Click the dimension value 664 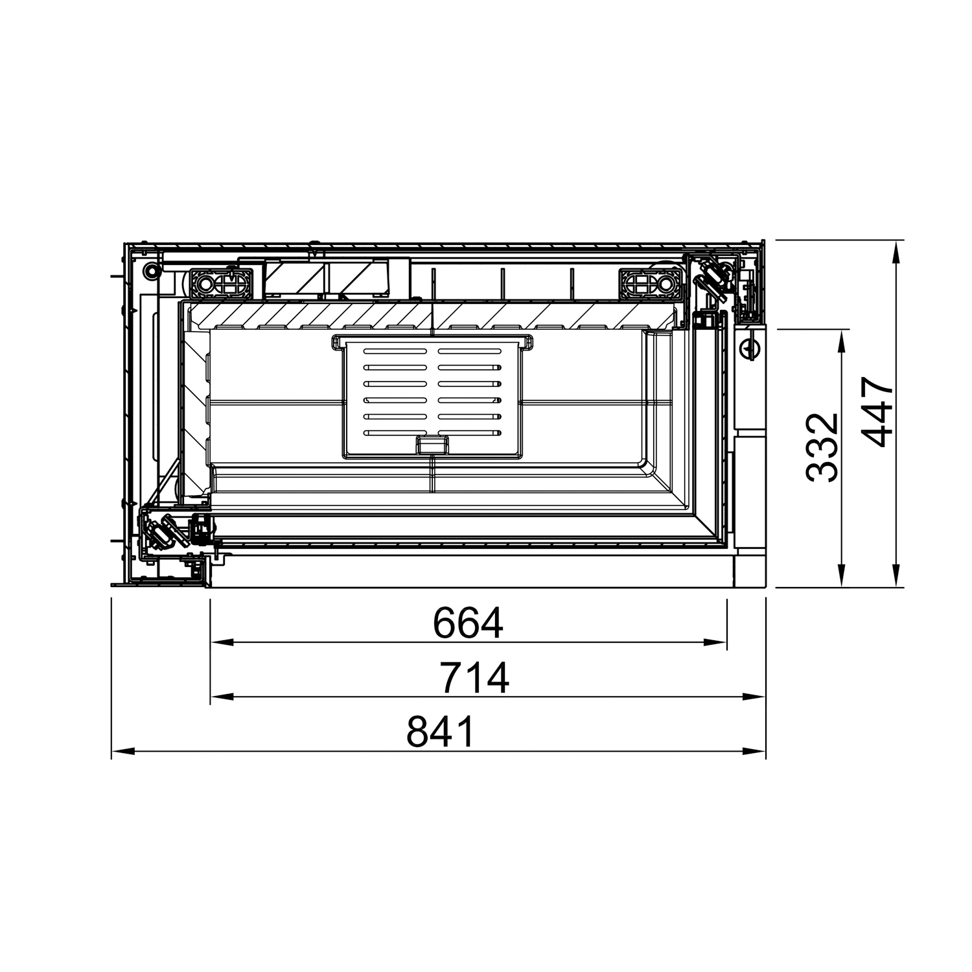pyautogui.click(x=468, y=623)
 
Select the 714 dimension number pyautogui.click(x=474, y=677)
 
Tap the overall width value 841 pyautogui.click(x=441, y=732)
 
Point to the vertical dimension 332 pyautogui.click(x=823, y=447)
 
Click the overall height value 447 pyautogui.click(x=879, y=413)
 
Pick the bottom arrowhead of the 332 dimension pyautogui.click(x=841, y=577)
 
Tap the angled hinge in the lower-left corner pyautogui.click(x=162, y=530)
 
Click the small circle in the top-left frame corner pyautogui.click(x=151, y=270)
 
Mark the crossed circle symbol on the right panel pyautogui.click(x=750, y=349)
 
